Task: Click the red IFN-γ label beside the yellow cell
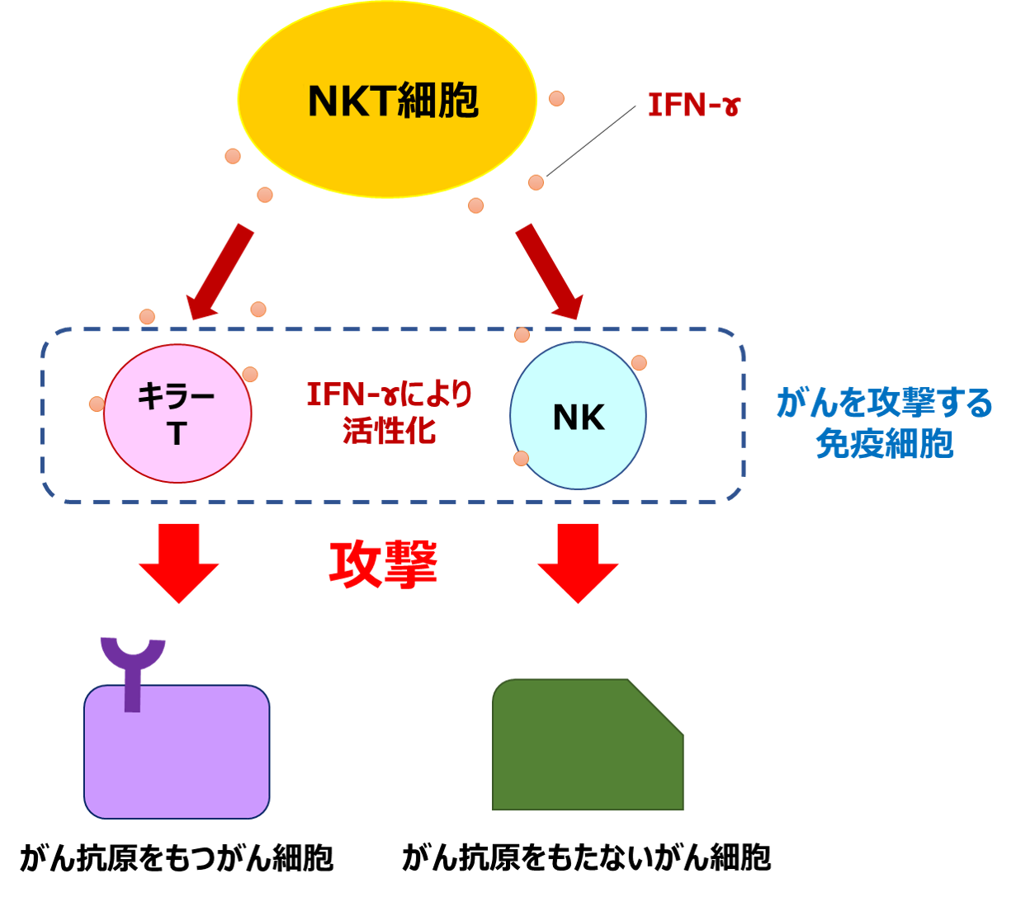coord(693,106)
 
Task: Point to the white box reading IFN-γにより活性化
coord(389,411)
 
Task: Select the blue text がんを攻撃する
coord(885,404)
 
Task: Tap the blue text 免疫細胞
coord(885,444)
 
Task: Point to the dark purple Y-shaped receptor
coord(132,668)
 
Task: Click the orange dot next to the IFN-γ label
coord(556,98)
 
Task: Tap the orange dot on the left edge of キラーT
coord(97,404)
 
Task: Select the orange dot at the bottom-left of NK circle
coord(521,458)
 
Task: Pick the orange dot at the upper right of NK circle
coord(639,362)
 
